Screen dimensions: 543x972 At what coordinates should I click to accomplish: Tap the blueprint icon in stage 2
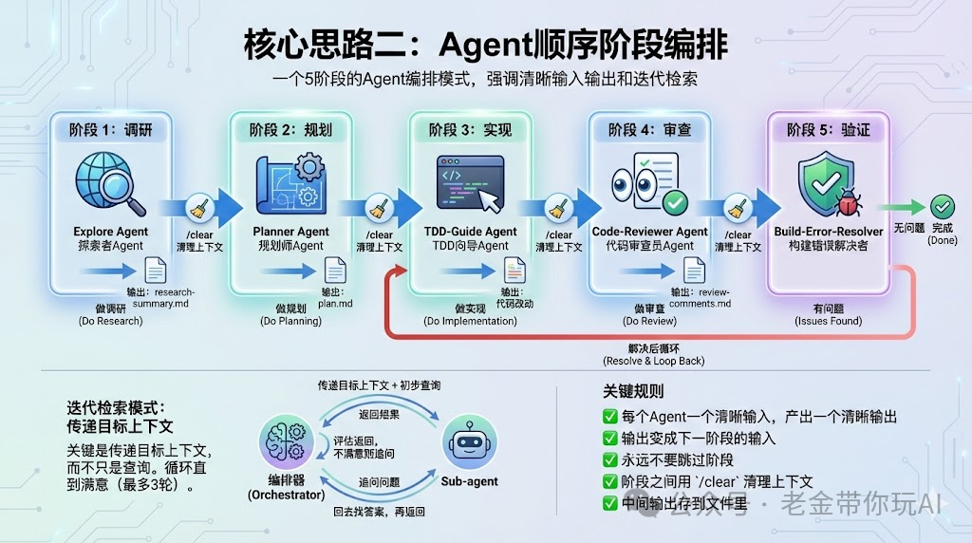coord(290,185)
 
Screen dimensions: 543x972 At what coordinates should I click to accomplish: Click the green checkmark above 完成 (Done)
coord(942,206)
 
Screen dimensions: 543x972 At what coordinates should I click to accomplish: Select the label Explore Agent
coord(110,232)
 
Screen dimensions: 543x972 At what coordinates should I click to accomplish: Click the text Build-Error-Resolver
coord(828,232)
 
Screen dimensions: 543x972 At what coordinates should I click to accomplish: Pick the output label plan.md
coord(336,305)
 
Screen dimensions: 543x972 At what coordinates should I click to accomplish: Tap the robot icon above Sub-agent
coord(469,443)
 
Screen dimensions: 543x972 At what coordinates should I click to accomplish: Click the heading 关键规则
coord(633,391)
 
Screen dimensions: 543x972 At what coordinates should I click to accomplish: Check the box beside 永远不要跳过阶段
coord(610,459)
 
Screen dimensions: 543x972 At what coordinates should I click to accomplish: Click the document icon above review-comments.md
coord(695,270)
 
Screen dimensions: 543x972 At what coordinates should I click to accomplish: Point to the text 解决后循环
coord(653,348)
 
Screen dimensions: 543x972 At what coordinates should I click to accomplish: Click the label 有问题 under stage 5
coord(828,309)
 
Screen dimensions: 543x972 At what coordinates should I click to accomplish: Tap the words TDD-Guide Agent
coord(470,232)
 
